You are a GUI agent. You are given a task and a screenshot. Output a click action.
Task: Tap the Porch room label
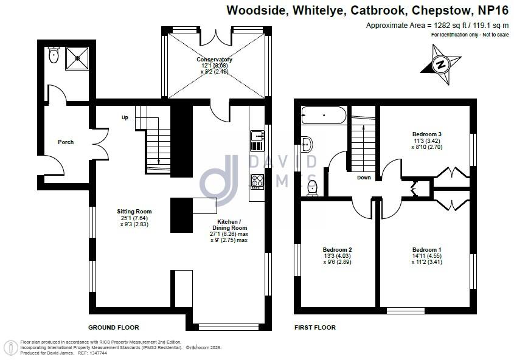66,142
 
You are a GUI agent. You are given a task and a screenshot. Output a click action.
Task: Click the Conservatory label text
214,60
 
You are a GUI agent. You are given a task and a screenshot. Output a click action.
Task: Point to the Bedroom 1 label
426,250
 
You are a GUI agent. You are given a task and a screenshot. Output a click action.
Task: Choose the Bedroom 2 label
337,250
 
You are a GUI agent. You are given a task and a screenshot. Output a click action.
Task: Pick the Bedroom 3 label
426,134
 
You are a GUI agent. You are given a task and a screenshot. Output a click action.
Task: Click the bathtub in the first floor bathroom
324,114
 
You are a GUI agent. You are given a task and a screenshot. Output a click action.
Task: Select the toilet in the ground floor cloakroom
53,56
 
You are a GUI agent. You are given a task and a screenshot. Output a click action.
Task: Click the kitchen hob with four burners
257,181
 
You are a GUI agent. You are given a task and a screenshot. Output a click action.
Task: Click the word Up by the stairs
125,117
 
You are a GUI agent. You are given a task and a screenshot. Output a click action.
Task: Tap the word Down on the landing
364,178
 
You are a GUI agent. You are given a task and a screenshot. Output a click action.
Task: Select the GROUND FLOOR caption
114,327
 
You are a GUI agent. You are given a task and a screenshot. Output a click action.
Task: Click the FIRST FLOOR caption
315,327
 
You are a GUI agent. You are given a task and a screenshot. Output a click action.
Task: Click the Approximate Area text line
437,26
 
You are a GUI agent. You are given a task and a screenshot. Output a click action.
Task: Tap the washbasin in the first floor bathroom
307,144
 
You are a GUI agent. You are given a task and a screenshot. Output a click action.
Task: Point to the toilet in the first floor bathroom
313,188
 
